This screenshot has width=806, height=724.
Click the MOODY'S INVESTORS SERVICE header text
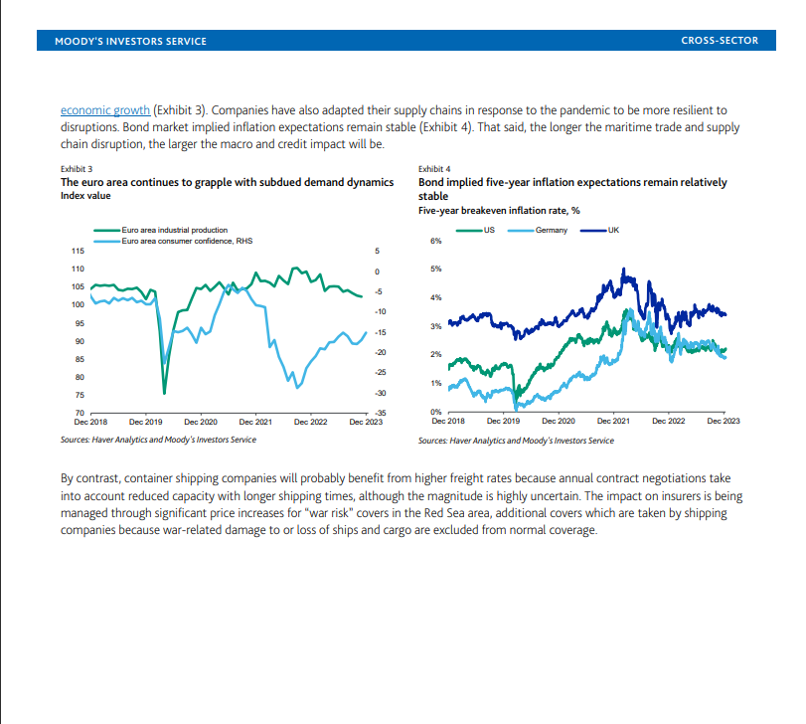(130, 41)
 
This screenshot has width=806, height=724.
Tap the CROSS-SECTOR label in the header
(720, 41)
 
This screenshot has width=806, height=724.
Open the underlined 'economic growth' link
(106, 109)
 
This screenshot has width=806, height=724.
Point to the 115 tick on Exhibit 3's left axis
(78, 252)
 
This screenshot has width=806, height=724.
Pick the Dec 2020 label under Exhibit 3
(201, 422)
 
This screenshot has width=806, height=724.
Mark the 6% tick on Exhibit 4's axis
(435, 241)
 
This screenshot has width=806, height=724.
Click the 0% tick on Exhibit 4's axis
(435, 411)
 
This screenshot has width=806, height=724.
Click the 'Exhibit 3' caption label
(78, 170)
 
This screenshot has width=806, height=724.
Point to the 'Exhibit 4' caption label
(435, 170)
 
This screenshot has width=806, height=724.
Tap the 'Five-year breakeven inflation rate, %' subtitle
(500, 210)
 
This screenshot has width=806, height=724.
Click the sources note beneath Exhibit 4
(516, 440)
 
